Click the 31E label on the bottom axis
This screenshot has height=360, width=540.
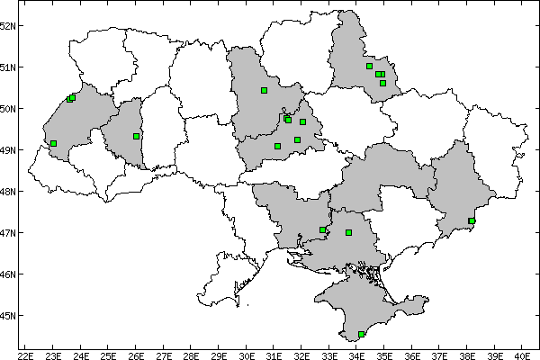(274, 354)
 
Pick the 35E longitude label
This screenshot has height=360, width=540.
(384, 354)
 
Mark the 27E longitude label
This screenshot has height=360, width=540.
(164, 354)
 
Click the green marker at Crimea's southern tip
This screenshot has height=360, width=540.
(362, 335)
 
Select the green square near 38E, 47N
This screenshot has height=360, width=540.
(472, 221)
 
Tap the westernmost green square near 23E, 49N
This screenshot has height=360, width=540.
(54, 143)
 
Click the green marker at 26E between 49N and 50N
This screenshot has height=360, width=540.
(136, 136)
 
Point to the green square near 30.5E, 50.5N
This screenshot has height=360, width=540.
(265, 90)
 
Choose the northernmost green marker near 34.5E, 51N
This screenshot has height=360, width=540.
(370, 66)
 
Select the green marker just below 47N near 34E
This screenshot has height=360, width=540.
(348, 233)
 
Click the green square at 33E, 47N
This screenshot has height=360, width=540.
(322, 230)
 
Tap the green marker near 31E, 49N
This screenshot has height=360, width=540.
(277, 146)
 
